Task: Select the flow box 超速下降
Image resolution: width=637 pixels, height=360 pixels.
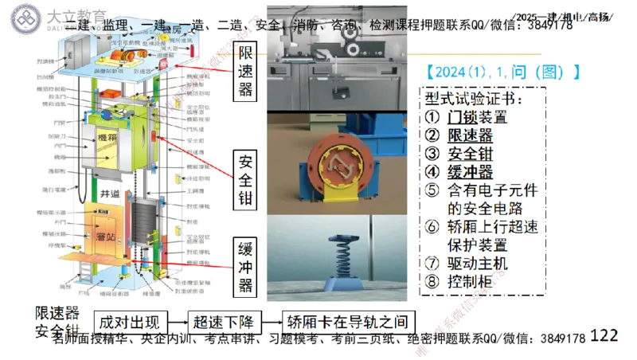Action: pos(223,323)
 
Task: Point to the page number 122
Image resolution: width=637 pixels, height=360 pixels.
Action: pos(604,336)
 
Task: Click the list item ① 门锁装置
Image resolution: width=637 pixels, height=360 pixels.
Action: pos(467,117)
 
